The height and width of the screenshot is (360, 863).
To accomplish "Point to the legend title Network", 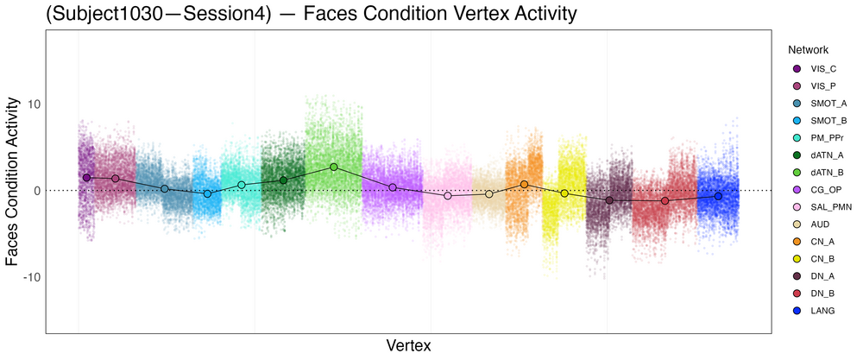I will point(803,50).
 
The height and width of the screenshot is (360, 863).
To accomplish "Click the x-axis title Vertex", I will point(409,345).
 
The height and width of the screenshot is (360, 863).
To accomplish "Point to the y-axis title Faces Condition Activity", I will point(13,181).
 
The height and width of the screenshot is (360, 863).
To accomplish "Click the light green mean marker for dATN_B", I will point(334,167).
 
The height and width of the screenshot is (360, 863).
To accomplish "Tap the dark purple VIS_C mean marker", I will point(86,177).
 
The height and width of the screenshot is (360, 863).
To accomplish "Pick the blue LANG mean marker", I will point(718,197).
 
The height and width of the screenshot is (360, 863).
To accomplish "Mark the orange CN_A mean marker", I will point(524,184).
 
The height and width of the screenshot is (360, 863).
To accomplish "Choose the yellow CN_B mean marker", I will point(564,193).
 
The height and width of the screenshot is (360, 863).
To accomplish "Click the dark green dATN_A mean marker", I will point(283,180).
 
